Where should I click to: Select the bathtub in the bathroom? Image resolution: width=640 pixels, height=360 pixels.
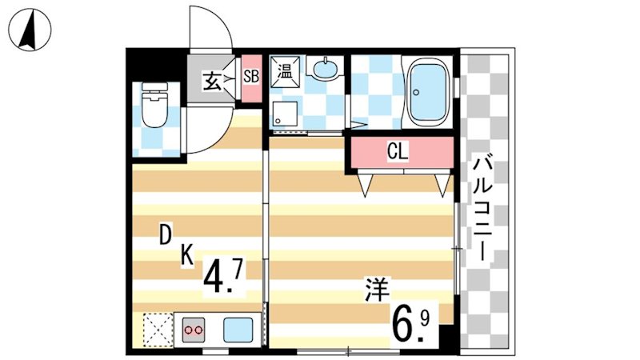point(429,93)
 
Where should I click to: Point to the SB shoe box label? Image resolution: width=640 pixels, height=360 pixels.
point(250,78)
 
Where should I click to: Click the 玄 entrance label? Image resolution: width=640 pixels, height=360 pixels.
point(211,80)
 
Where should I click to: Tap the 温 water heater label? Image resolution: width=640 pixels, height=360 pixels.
point(286,69)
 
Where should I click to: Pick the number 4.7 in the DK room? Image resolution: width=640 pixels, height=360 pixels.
point(222,277)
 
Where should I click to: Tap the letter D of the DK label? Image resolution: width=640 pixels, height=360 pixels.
point(165,235)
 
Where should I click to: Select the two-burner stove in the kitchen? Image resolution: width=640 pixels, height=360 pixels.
point(194,329)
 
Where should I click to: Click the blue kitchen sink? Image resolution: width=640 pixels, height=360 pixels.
point(238,329)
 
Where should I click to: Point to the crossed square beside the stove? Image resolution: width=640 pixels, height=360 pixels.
point(156,329)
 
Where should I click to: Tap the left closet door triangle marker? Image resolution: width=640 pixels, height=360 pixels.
point(366,185)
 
